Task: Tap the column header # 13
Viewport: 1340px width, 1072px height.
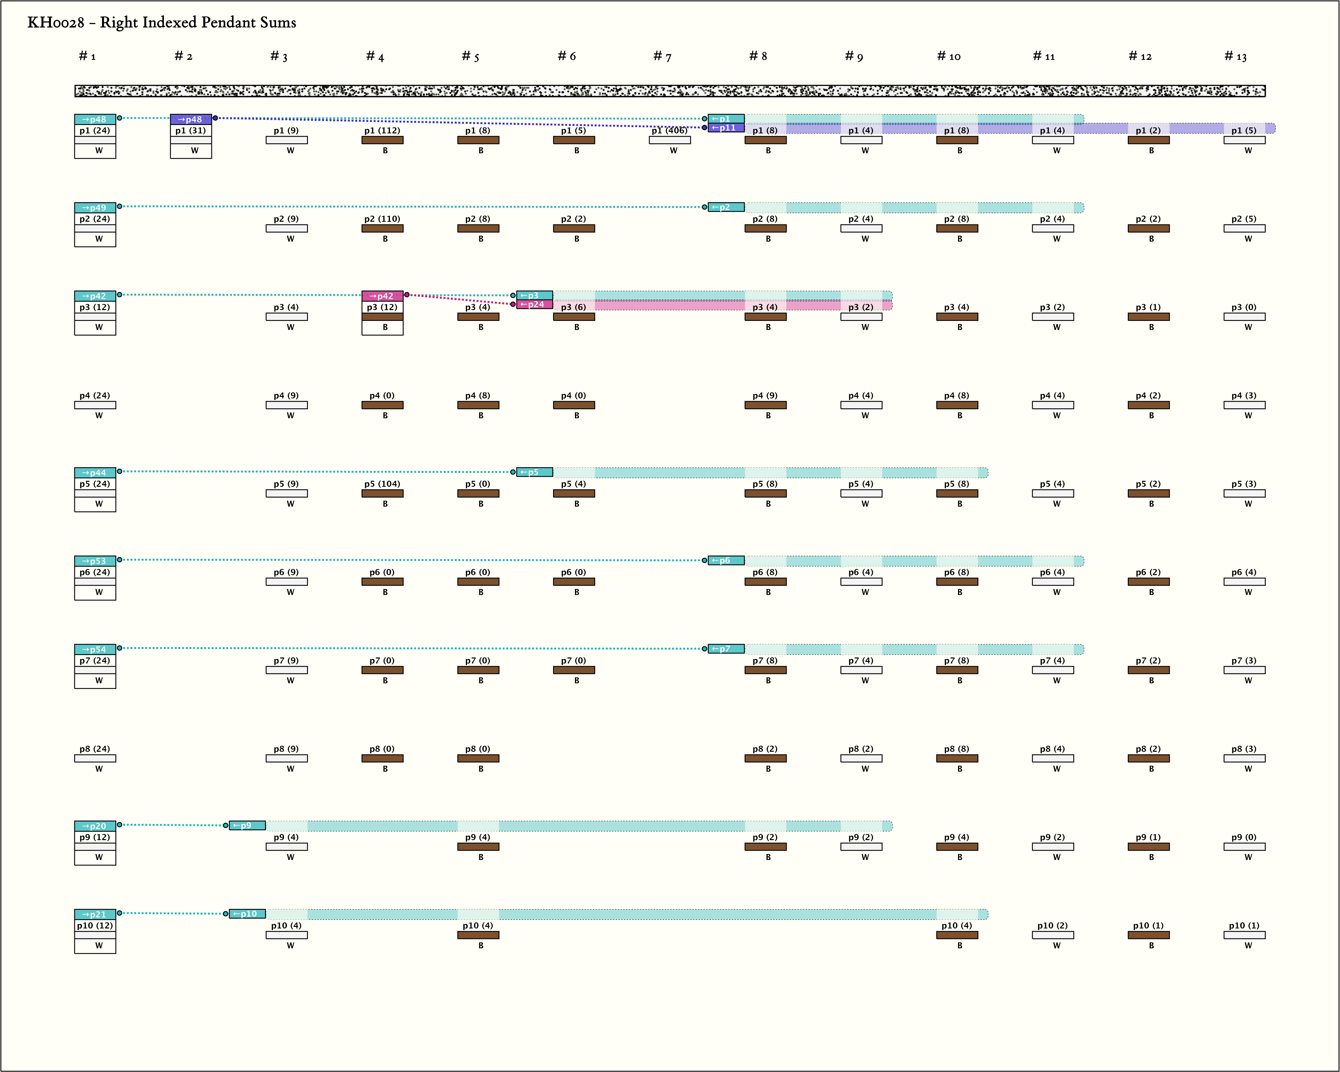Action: click(1236, 57)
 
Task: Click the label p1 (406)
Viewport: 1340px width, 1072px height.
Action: click(669, 131)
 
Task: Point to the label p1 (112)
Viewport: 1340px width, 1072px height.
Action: click(382, 131)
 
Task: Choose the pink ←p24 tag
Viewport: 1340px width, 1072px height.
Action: click(534, 304)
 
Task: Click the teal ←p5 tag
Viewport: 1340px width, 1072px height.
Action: click(534, 472)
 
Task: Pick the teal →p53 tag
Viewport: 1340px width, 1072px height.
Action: click(95, 561)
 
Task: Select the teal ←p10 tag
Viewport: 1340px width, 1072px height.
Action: click(247, 914)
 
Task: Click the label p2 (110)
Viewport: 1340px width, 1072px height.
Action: click(382, 219)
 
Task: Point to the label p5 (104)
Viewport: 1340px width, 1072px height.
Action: click(382, 484)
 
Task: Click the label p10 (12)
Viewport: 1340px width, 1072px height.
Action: click(95, 925)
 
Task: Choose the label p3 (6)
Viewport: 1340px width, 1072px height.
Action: click(573, 307)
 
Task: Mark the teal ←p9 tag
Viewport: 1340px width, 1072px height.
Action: click(247, 826)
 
